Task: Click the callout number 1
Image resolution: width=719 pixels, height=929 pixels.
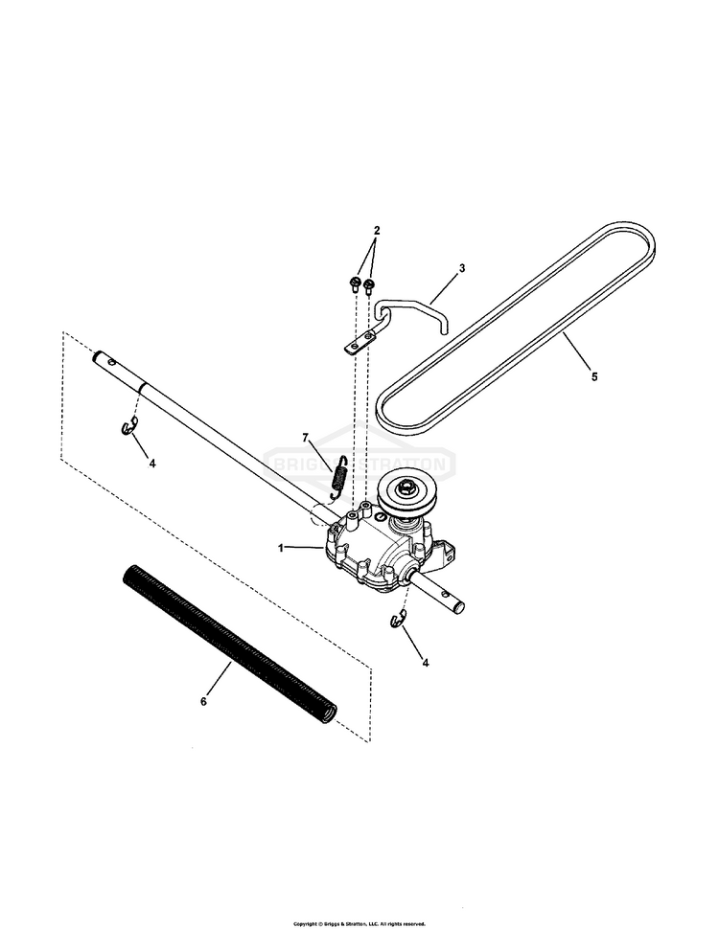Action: coord(281,548)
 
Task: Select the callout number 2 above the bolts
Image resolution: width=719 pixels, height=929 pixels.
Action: coord(377,231)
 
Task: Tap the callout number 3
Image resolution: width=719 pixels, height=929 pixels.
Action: coord(461,269)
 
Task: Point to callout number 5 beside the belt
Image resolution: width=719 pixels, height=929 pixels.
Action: coord(593,377)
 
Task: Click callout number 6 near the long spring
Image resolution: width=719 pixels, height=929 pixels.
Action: coord(203,701)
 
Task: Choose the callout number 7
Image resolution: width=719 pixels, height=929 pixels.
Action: coord(306,438)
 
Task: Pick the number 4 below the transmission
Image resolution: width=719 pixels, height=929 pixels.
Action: coord(426,662)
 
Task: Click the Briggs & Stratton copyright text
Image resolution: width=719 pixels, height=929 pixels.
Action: coord(359,924)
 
